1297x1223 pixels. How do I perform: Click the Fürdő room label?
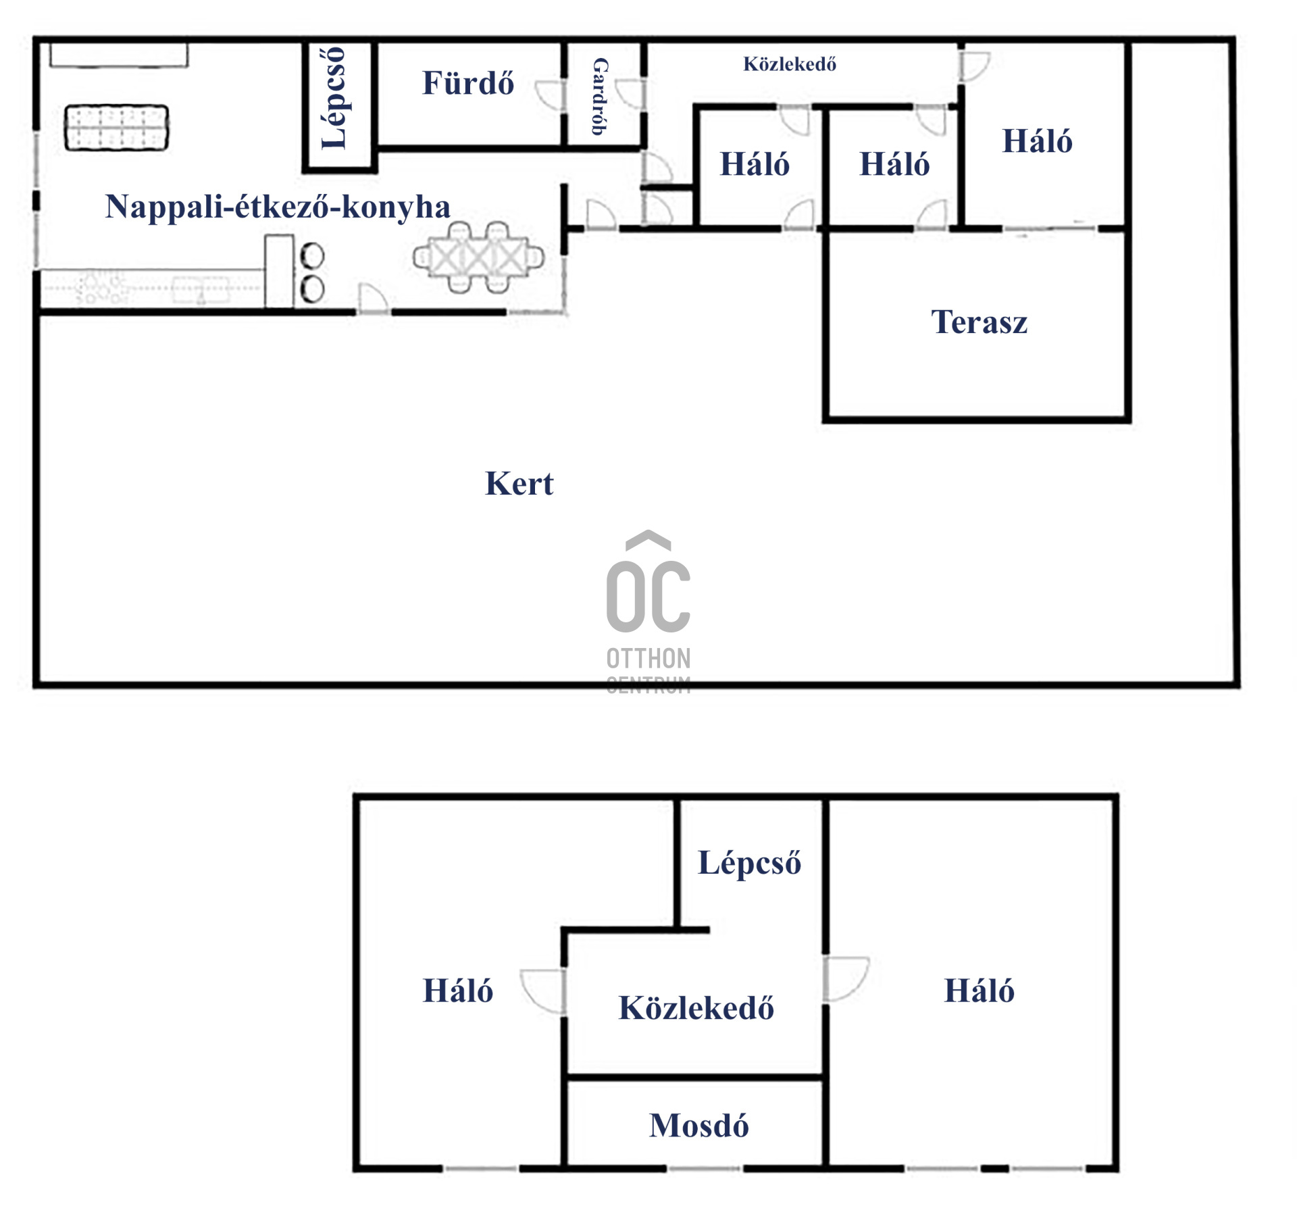tap(467, 83)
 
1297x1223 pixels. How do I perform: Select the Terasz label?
tap(979, 322)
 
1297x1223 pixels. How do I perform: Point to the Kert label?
tap(519, 484)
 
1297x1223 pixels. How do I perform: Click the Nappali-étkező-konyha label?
tap(278, 207)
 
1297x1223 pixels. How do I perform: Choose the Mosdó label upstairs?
tap(698, 1126)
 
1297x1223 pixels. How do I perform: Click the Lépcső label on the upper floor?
tap(749, 863)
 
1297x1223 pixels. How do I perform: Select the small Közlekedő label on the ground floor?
tap(790, 64)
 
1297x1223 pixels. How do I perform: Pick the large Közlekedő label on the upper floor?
tap(696, 1007)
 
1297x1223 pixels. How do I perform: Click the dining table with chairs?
tap(478, 257)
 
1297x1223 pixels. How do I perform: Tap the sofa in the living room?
tap(117, 128)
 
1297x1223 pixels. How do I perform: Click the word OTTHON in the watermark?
tap(648, 658)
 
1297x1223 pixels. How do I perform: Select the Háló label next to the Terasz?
tap(1037, 142)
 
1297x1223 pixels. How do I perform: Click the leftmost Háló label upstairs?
tap(458, 991)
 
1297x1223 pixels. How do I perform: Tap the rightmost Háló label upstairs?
tap(979, 991)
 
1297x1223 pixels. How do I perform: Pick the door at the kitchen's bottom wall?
tap(372, 299)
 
